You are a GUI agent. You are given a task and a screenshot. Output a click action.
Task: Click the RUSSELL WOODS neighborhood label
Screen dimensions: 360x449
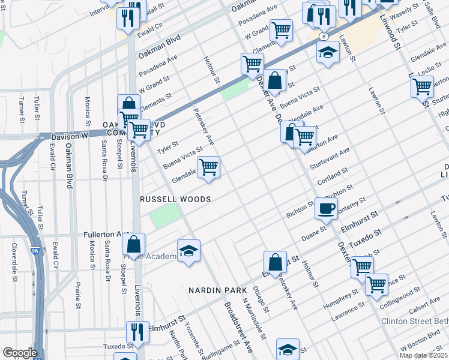(x=175, y=199)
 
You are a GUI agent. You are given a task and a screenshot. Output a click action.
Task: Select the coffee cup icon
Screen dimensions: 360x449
(x=326, y=209)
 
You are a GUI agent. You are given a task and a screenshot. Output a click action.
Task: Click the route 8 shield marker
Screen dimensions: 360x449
(x=324, y=37)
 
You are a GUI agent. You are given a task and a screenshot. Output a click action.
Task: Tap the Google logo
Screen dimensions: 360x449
(x=20, y=353)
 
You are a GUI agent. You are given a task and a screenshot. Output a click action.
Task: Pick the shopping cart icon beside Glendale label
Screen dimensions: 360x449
(x=208, y=167)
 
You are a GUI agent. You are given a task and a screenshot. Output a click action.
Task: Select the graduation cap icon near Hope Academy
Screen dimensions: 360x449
(x=188, y=251)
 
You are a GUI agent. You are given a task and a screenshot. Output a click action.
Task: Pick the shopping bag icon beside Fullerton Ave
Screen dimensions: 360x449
(x=134, y=245)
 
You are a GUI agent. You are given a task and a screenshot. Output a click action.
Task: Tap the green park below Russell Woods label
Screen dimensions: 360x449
(x=164, y=215)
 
